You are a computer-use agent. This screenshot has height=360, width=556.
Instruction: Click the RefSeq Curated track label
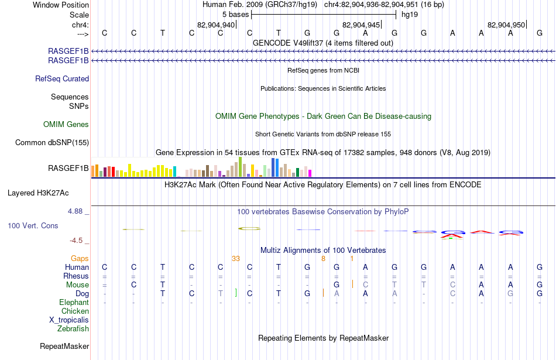[x=62, y=79]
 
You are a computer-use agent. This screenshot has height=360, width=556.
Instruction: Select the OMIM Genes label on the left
[x=66, y=125]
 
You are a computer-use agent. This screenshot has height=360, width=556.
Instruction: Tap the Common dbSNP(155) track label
[x=52, y=143]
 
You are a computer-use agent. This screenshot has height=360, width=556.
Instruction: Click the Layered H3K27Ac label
[x=38, y=193]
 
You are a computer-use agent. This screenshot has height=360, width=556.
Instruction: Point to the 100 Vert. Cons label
[x=33, y=225]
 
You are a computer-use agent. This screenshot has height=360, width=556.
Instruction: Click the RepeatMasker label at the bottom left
[x=64, y=346]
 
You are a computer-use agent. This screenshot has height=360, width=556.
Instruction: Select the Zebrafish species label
[x=73, y=329]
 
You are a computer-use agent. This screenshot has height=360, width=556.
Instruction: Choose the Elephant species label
[x=74, y=302]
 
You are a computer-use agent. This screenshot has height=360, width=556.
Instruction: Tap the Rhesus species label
[x=76, y=276]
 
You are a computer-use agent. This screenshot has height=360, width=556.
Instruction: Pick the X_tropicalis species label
[x=69, y=320]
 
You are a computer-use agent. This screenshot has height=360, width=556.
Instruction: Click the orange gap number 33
[x=236, y=259]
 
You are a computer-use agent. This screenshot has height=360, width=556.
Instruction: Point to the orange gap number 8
[x=324, y=259]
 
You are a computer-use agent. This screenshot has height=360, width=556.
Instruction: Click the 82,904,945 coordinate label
[x=361, y=25]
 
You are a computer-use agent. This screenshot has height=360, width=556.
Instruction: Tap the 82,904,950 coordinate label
[x=506, y=25]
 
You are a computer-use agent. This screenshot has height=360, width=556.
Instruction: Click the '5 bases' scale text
[x=236, y=15]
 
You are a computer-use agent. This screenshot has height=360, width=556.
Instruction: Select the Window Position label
[x=61, y=5]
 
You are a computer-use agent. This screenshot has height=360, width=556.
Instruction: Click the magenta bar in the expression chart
[x=310, y=173]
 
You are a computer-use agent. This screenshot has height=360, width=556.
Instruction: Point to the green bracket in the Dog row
[x=236, y=293]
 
